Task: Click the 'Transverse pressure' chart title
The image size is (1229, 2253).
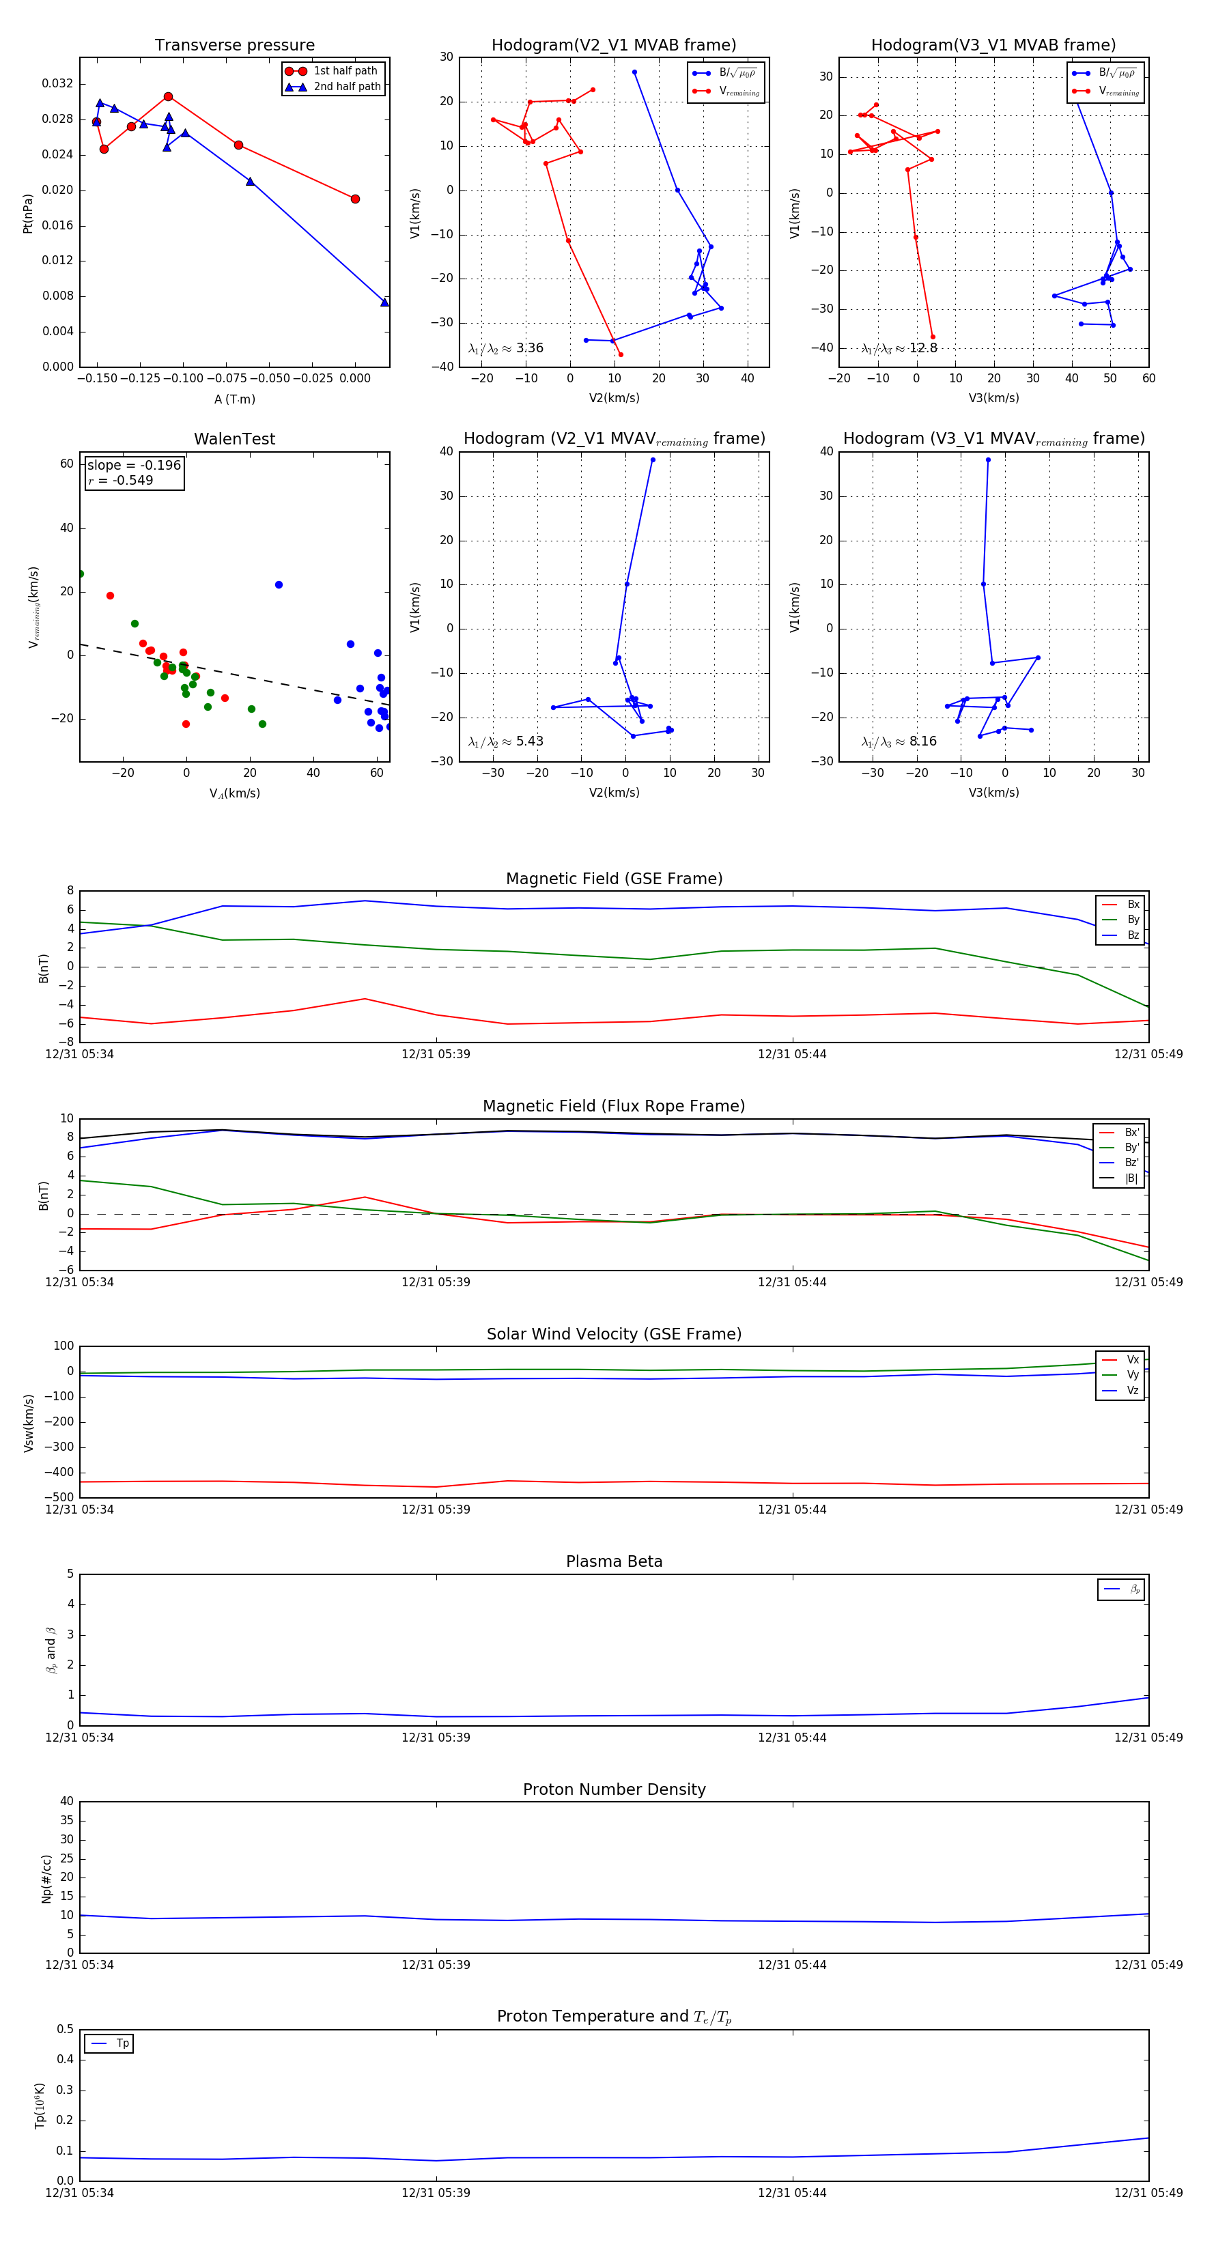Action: (x=234, y=46)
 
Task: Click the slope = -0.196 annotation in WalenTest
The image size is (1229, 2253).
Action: (x=134, y=466)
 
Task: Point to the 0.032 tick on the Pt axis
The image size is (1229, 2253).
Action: (x=58, y=84)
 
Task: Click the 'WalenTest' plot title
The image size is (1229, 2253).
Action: (x=234, y=439)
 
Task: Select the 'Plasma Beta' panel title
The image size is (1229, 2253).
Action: (x=614, y=1561)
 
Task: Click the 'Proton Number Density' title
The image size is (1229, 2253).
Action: (x=614, y=1789)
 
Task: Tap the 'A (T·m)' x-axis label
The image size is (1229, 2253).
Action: (x=234, y=399)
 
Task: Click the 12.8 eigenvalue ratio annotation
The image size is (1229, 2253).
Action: (x=923, y=348)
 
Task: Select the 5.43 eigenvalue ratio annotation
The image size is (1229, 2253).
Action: (x=529, y=741)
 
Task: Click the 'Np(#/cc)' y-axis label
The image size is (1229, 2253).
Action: (x=46, y=1879)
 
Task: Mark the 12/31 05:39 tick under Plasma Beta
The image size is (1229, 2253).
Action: (x=436, y=1737)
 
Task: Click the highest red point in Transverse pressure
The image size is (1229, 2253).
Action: (x=168, y=97)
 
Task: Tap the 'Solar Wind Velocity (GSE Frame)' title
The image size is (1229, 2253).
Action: (x=614, y=1334)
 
